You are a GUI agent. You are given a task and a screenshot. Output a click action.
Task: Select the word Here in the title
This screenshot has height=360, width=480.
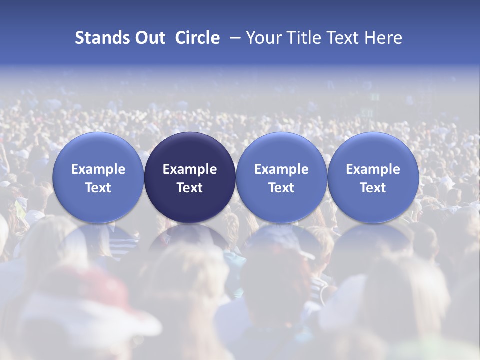(x=384, y=38)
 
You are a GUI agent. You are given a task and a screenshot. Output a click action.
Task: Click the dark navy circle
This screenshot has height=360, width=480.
(x=190, y=150)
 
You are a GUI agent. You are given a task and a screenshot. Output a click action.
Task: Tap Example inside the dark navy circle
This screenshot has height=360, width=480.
(x=190, y=169)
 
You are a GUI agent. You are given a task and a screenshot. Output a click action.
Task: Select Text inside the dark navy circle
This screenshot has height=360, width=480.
(x=190, y=188)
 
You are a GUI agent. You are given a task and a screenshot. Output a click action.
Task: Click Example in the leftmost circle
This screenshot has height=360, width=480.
(x=98, y=169)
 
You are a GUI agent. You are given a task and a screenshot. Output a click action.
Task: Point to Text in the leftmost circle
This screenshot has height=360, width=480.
(x=98, y=188)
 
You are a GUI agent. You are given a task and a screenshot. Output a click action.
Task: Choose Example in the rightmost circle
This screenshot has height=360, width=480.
(x=373, y=169)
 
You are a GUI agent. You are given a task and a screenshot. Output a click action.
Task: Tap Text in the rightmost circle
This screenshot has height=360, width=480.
(x=373, y=188)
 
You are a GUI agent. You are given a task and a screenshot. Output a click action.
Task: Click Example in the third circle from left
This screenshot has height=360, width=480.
(x=281, y=169)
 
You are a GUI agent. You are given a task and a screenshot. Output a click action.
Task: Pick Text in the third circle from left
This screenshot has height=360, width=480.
(x=281, y=188)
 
